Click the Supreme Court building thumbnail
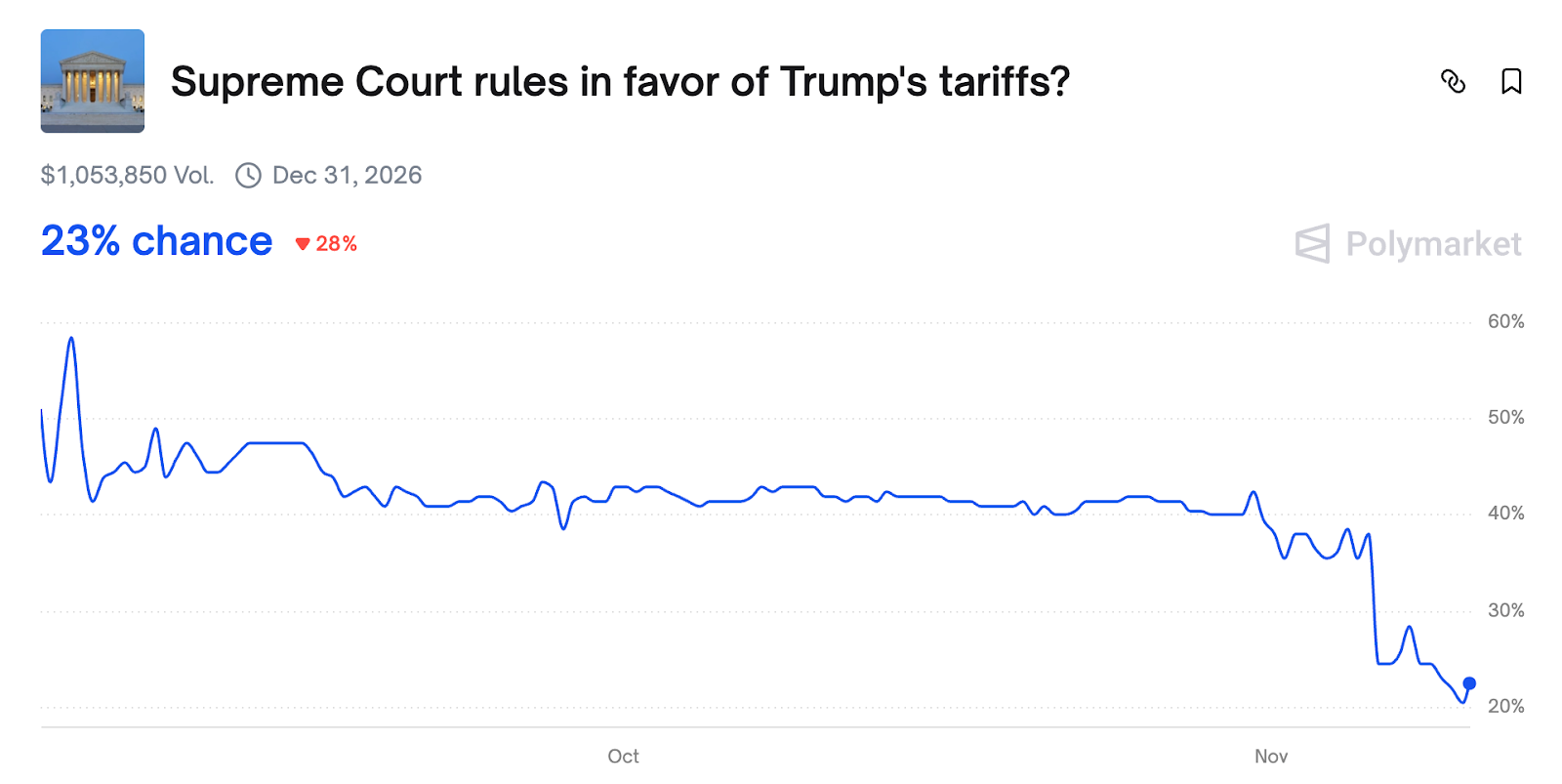93,81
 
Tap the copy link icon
1453,81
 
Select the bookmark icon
1511,81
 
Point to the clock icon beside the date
249,175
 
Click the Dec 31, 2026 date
347,175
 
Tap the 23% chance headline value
156,241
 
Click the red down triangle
303,244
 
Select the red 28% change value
336,244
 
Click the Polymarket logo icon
1313,243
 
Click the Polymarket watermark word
1433,244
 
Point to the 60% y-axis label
1505,321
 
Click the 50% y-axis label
1505,417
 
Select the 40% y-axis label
1505,513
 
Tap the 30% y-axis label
1505,610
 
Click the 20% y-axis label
1505,706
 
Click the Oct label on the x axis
623,756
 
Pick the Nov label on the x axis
1271,756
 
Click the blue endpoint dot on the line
1469,683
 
